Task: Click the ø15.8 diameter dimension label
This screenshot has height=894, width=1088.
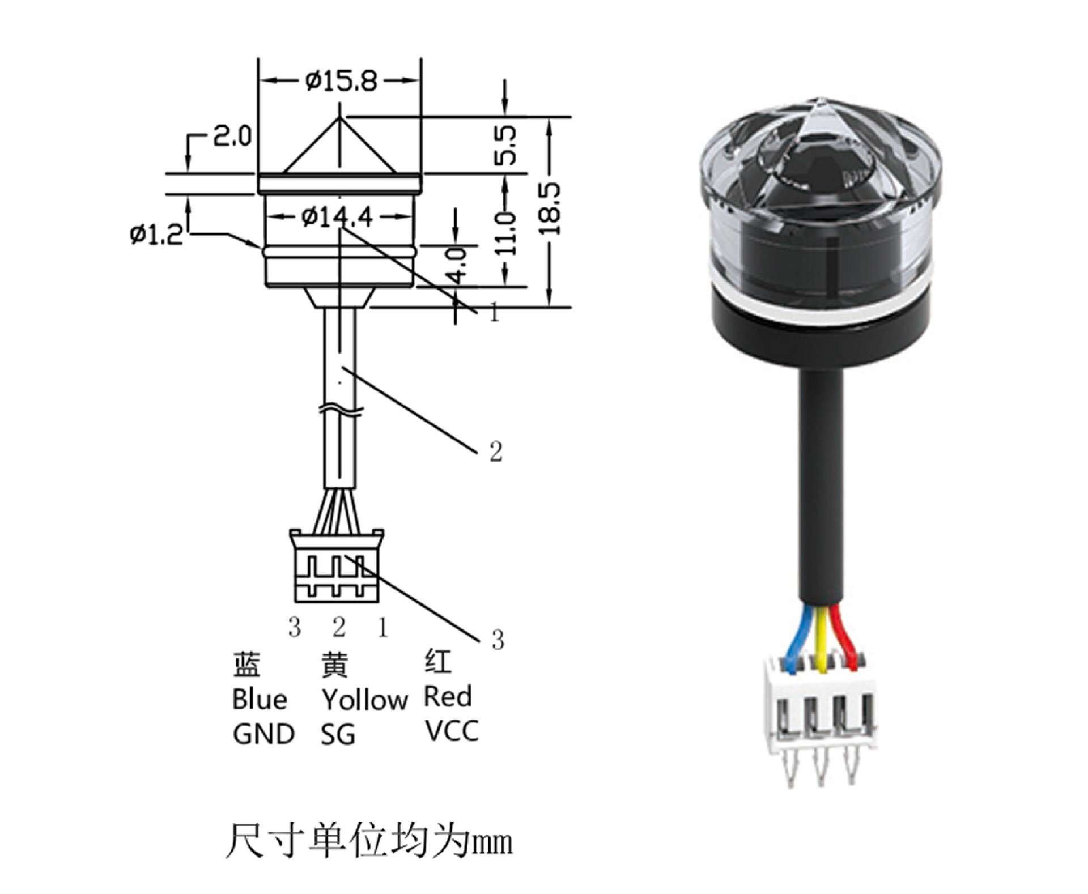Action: [x=341, y=82]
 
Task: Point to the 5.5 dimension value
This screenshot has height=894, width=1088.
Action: [x=505, y=145]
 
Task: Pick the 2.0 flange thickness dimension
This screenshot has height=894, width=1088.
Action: [x=232, y=137]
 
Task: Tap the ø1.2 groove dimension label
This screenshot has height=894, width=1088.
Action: [x=156, y=234]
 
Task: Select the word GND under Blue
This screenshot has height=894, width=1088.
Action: [x=263, y=735]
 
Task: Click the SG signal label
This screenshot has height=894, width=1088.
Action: [x=338, y=735]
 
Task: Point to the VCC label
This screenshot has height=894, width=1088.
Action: [x=452, y=731]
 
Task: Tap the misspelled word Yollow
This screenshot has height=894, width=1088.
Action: [x=364, y=700]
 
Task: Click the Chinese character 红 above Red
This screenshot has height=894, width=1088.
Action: [x=437, y=661]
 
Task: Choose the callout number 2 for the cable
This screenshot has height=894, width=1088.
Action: [x=496, y=452]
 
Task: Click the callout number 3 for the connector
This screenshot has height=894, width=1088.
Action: [x=498, y=640]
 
